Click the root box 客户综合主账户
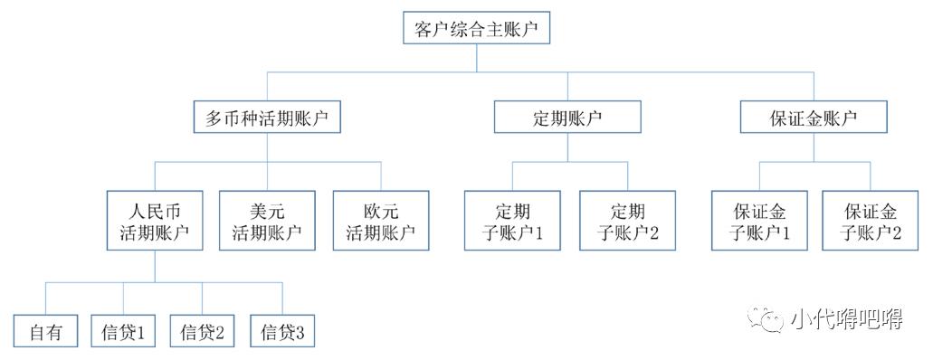[x=476, y=29]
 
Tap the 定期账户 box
[x=567, y=118]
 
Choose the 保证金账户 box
[x=814, y=118]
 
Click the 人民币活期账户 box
[x=153, y=221]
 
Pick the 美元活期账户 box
[x=267, y=221]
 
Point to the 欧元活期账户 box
[x=381, y=221]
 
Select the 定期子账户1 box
[x=513, y=221]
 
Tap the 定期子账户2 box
[x=627, y=221]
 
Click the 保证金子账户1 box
[x=759, y=221]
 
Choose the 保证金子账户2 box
[x=872, y=221]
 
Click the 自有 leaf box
[x=46, y=333]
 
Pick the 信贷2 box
[x=202, y=333]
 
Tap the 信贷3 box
[x=282, y=333]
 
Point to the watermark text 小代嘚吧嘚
[x=845, y=319]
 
